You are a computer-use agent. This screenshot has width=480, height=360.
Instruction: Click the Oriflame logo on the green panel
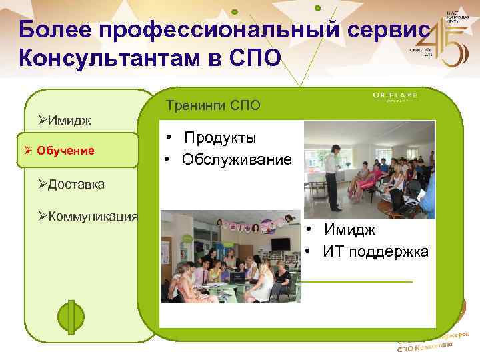coord(395,97)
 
